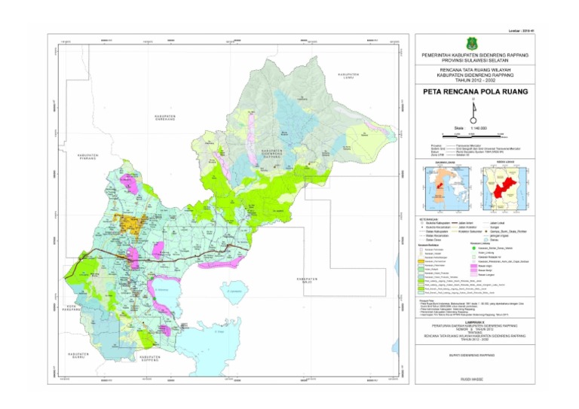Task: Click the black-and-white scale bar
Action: [x=474, y=133]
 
